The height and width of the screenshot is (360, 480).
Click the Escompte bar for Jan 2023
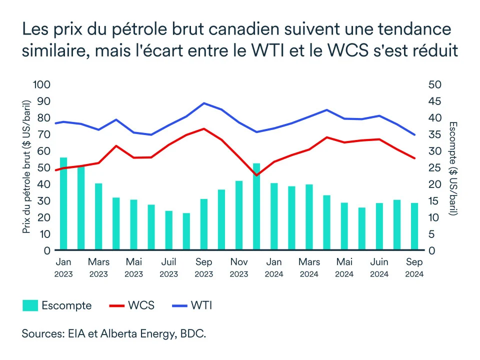63,203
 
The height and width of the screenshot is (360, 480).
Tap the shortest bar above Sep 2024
414,226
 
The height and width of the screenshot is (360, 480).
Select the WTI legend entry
192,305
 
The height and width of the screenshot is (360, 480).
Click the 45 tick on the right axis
435,101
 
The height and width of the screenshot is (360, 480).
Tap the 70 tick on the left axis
43,134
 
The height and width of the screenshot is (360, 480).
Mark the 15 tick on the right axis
434,200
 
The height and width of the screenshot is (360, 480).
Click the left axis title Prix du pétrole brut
26,167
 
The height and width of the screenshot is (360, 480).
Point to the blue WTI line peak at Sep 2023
204,103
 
